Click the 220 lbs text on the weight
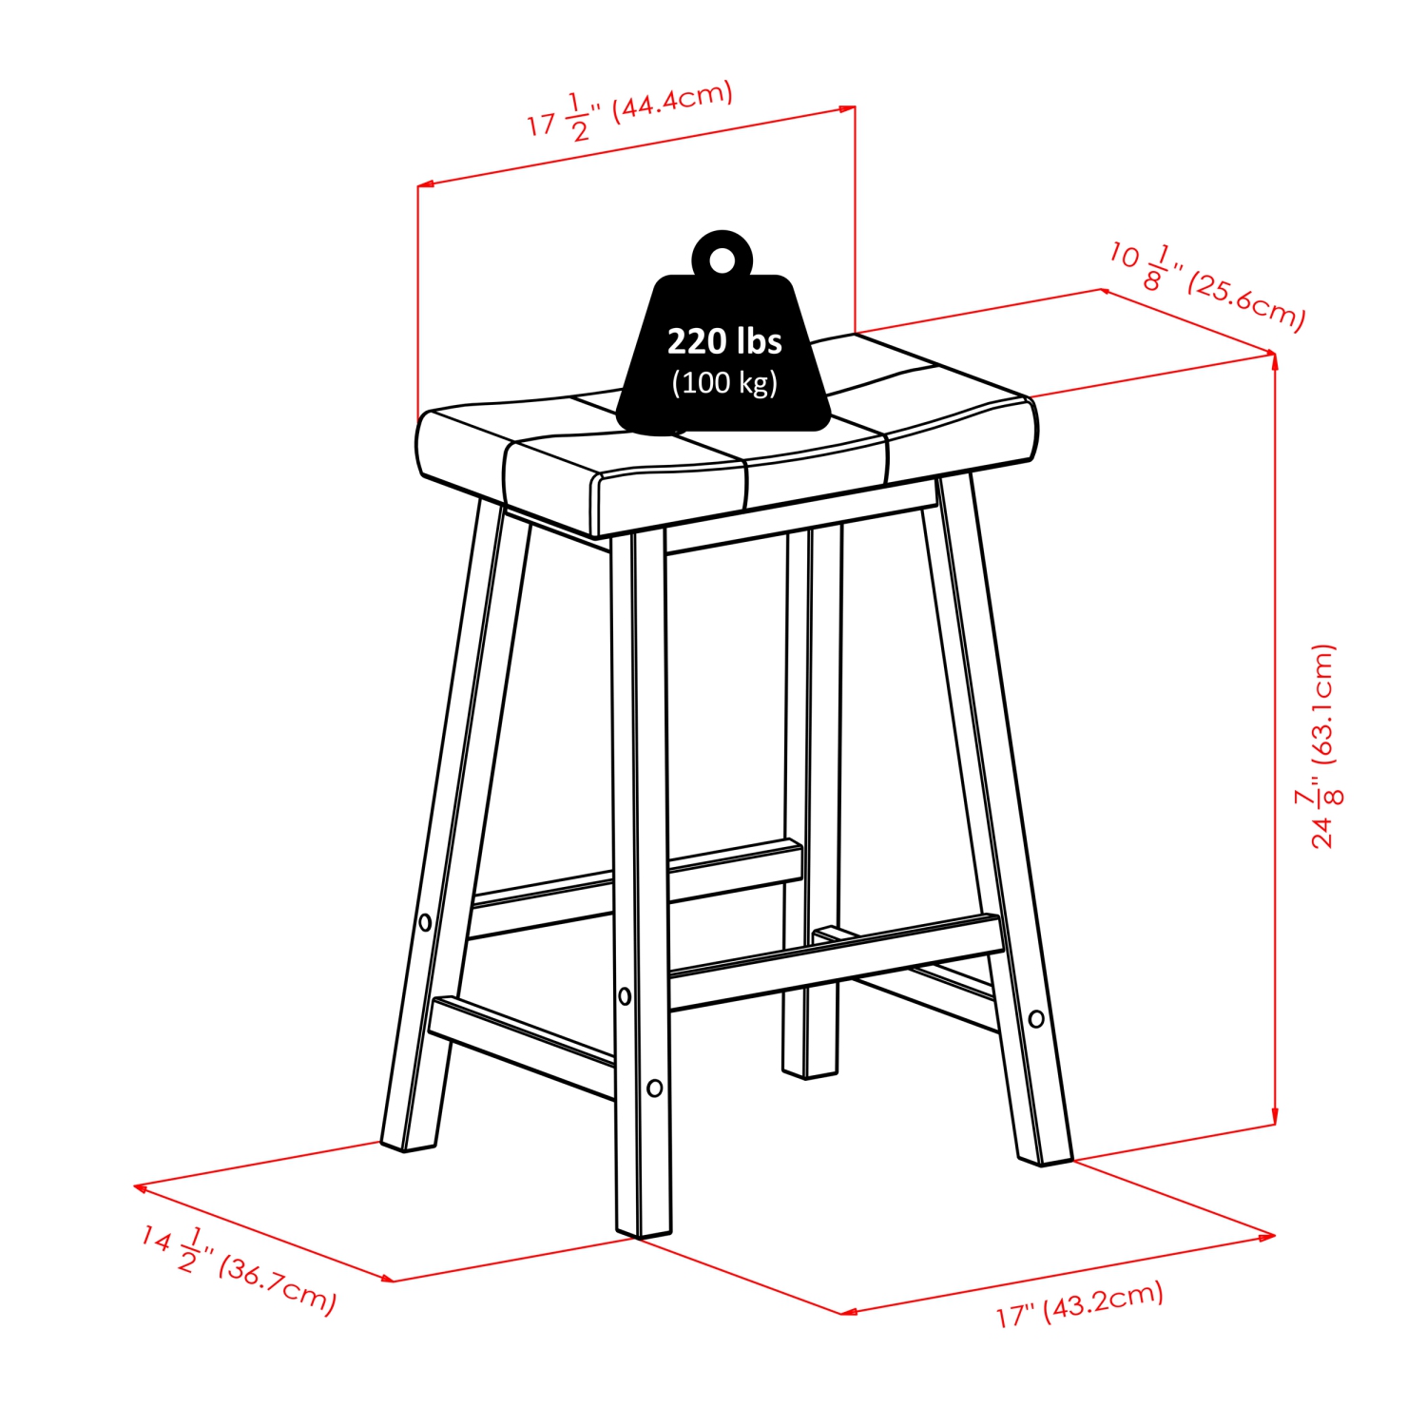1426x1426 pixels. click(x=724, y=341)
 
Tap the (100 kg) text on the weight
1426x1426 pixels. click(x=724, y=383)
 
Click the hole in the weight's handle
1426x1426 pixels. click(x=723, y=260)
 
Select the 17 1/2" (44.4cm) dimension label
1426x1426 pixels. click(x=630, y=112)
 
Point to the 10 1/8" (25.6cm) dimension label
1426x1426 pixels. click(x=1207, y=284)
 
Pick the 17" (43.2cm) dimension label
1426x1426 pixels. click(x=1080, y=1304)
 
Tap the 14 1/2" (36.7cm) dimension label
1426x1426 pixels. click(x=239, y=1268)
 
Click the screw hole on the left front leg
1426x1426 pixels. click(x=425, y=922)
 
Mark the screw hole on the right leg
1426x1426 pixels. click(x=1036, y=1019)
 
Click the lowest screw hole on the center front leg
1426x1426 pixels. click(x=654, y=1088)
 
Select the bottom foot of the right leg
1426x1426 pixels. click(x=1046, y=1159)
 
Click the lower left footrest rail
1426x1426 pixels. click(x=522, y=1045)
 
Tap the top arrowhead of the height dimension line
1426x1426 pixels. click(x=1274, y=358)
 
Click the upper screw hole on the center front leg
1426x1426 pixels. click(x=625, y=996)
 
